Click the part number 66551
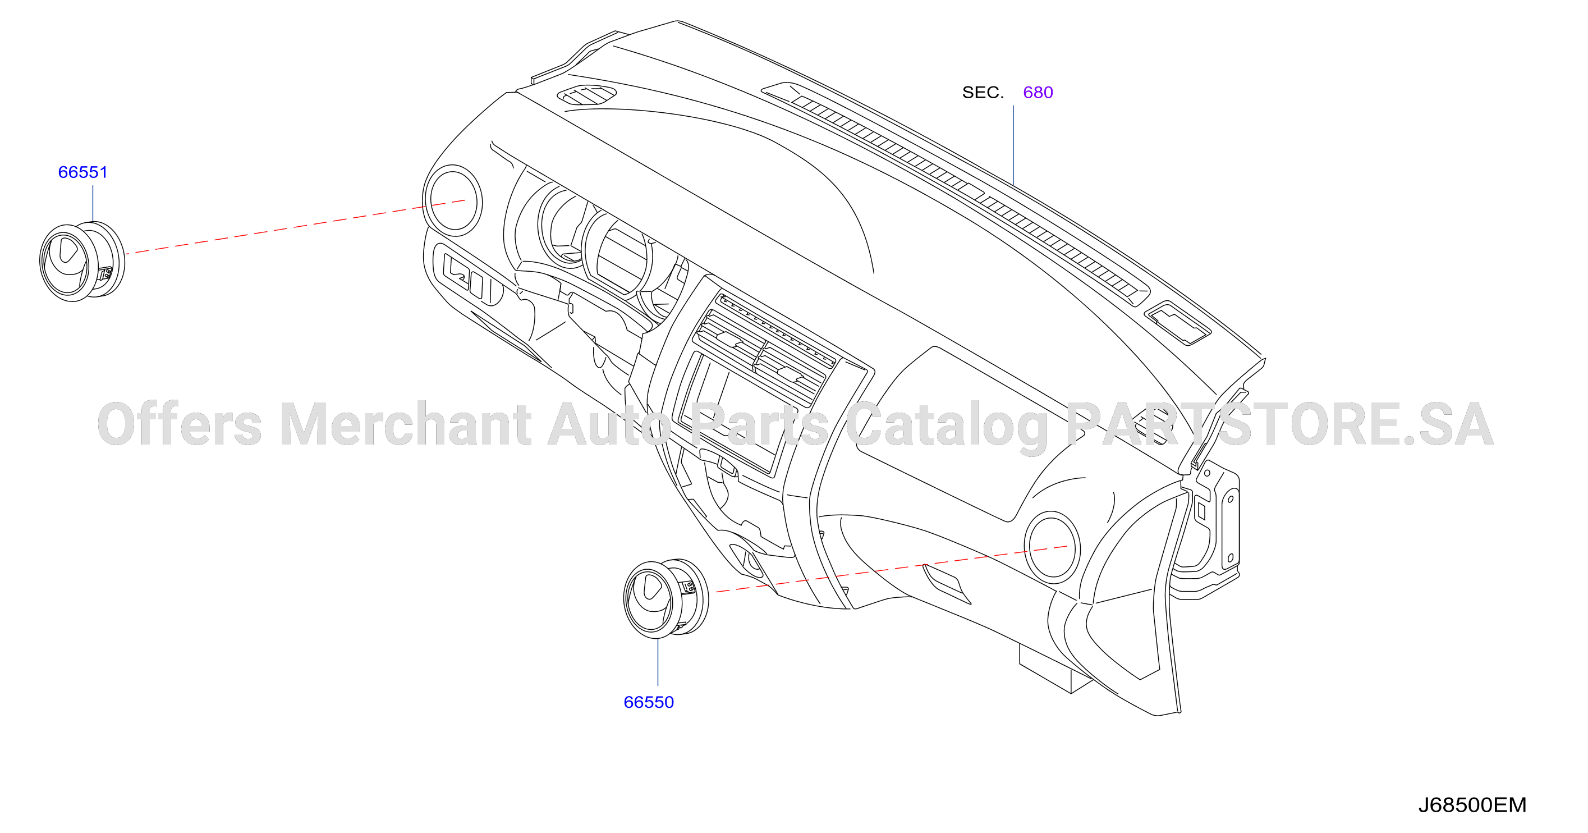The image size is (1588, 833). pos(82,172)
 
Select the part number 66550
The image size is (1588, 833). pos(649,702)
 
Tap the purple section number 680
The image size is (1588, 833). pos(1038,93)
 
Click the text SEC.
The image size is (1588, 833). pos(983,93)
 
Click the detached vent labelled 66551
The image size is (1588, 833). pos(82,262)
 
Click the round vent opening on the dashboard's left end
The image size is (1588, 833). pos(452,201)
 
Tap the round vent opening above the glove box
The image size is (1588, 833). pos(1052,547)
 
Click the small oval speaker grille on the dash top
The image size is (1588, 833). pos(586,94)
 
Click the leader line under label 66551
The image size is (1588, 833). pos(93,203)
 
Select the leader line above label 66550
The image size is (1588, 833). pos(658,662)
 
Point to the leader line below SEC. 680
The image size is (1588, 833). pos(1013,145)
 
